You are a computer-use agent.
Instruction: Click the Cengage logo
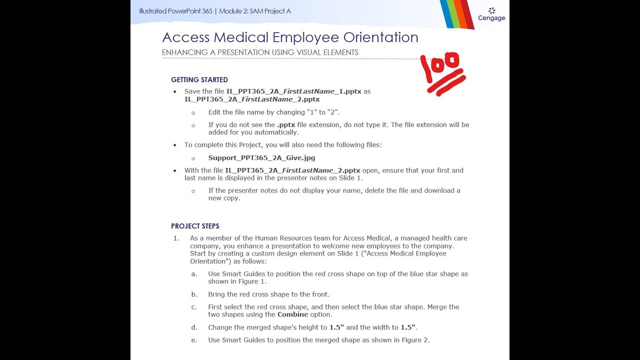pos(491,14)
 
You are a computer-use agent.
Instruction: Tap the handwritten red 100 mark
pos(443,73)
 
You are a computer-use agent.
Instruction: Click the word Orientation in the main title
pos(380,37)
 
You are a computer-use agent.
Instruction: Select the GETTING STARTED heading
pos(199,80)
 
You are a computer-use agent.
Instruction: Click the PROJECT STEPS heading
pos(195,226)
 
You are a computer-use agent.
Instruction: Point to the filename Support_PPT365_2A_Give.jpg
pos(261,158)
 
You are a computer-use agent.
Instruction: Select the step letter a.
pos(194,274)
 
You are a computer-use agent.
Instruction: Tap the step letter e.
pos(194,340)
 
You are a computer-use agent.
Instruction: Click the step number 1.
pos(176,238)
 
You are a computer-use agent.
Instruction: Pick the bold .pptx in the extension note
pos(286,125)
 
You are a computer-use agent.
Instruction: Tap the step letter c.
pos(194,307)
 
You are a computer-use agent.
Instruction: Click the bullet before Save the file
pos(175,92)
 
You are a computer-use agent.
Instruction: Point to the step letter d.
pos(194,327)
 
